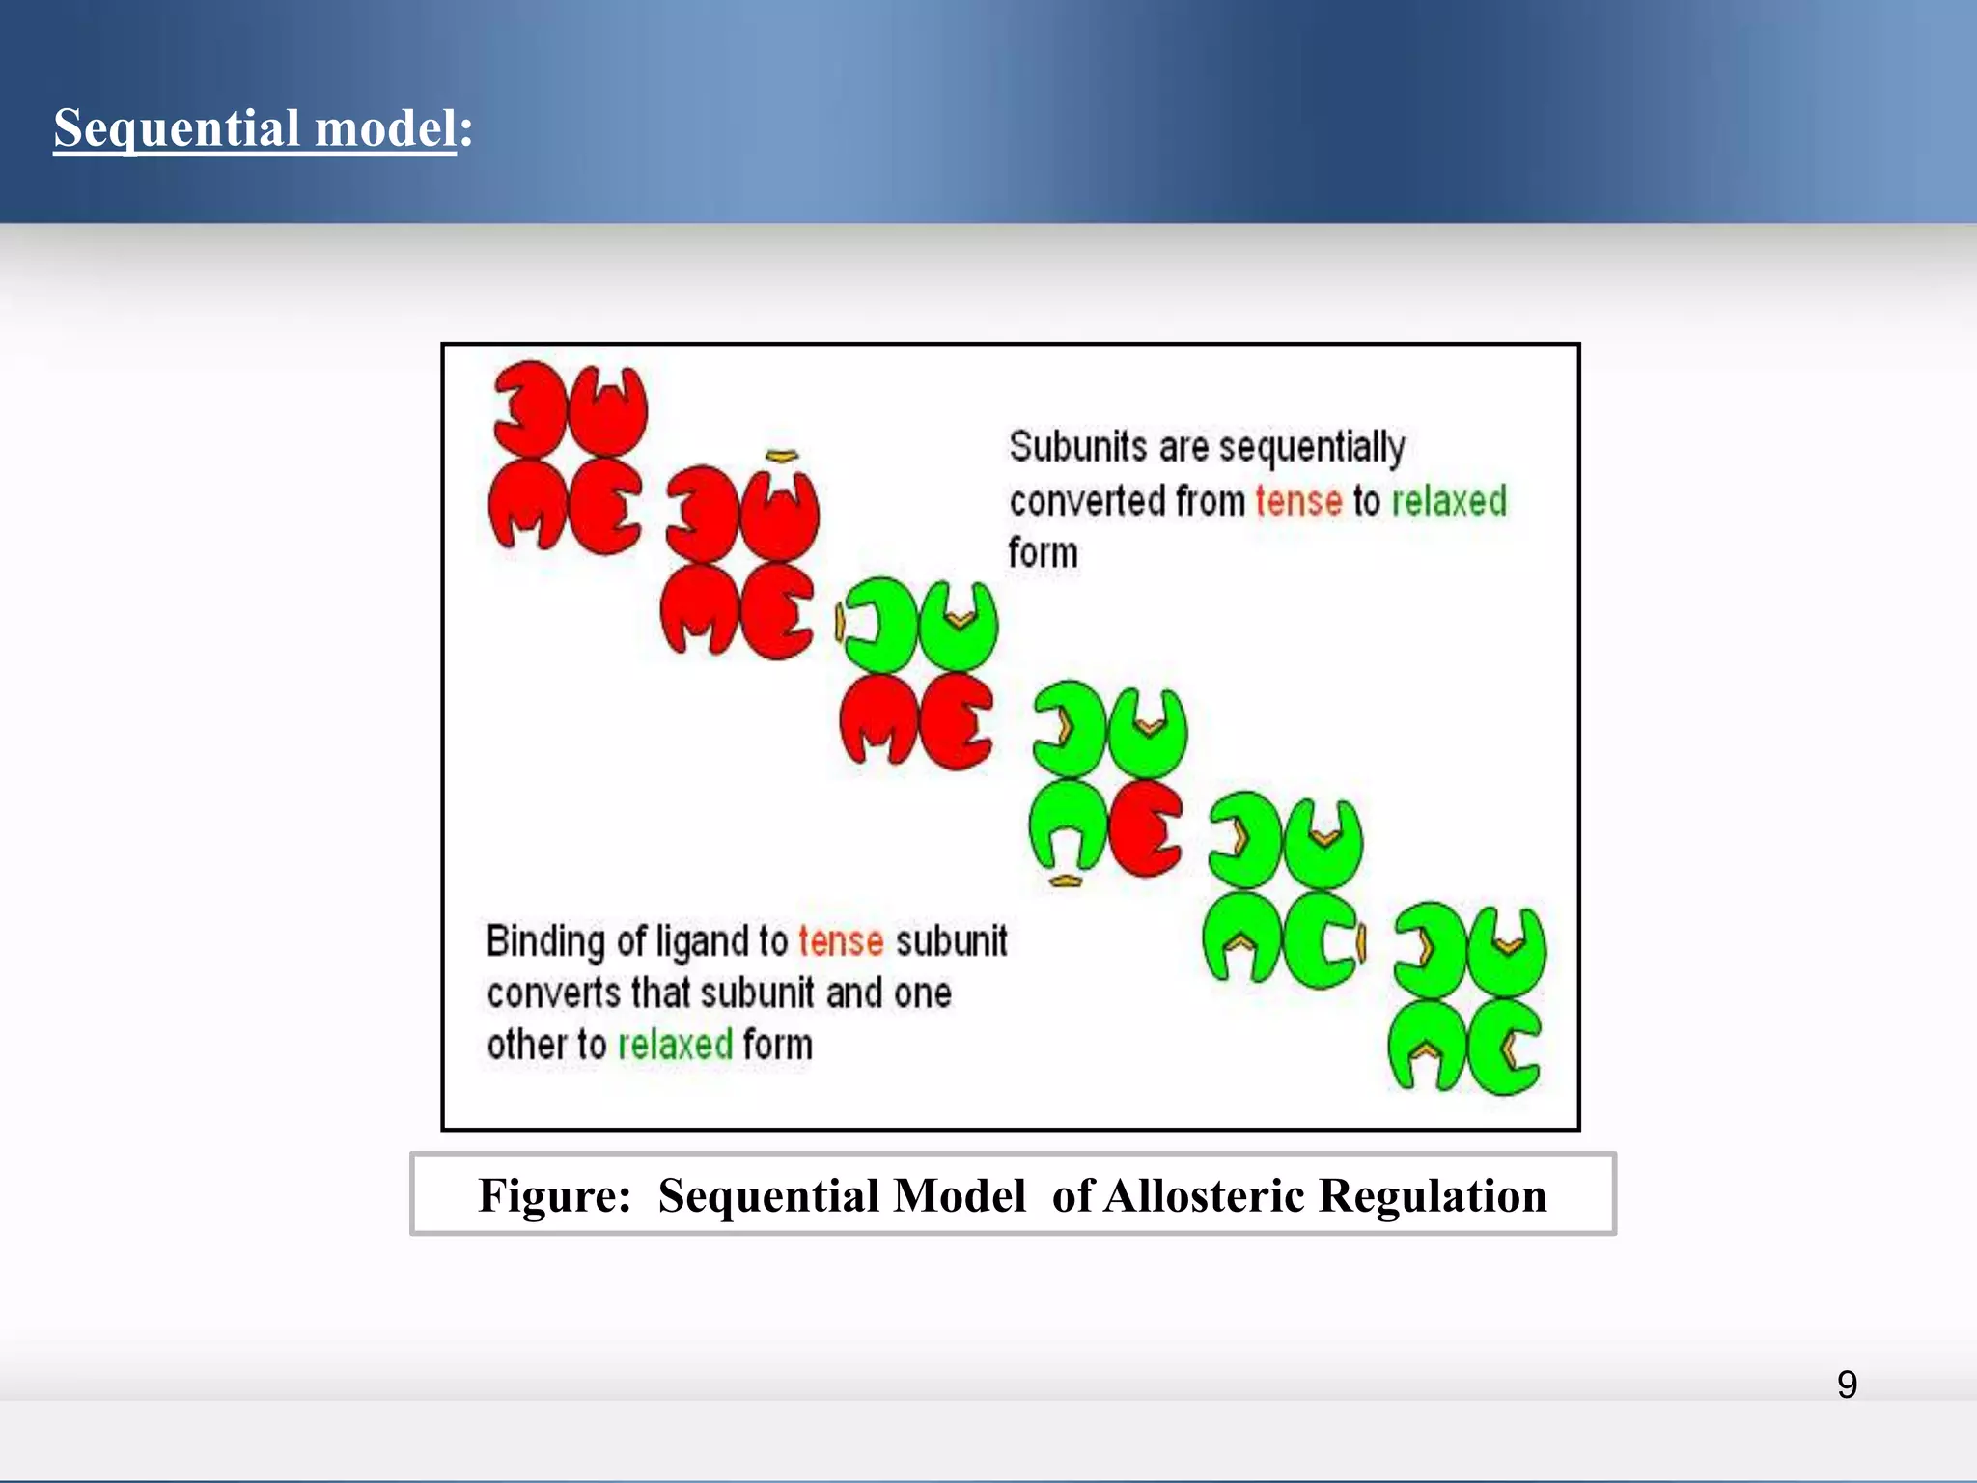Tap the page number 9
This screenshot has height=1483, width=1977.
[1847, 1385]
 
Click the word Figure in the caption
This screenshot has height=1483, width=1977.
[553, 1195]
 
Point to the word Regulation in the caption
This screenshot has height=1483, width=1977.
[1433, 1195]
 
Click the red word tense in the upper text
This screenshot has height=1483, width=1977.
[1298, 501]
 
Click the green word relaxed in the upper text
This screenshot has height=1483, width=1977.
[1448, 501]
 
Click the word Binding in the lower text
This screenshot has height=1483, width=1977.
[545, 941]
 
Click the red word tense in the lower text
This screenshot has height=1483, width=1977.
[840, 941]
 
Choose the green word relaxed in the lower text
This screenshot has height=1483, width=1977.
[675, 1046]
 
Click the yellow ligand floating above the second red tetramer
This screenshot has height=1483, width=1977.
[782, 456]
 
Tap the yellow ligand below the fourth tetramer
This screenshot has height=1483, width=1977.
[1066, 880]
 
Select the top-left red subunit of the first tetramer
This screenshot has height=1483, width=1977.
[529, 409]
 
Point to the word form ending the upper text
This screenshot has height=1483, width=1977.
[1043, 553]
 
